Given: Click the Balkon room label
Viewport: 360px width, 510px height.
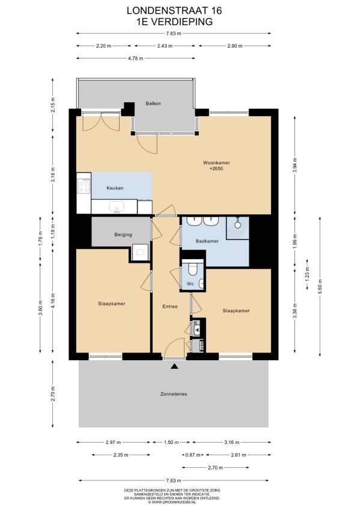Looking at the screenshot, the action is click(153, 103).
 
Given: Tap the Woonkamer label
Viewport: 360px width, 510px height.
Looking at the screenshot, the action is click(216, 162).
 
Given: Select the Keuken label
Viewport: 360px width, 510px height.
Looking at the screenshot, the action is click(115, 188).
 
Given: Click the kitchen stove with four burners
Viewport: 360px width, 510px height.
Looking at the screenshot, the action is click(84, 186).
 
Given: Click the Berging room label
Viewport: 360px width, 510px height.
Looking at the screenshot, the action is click(123, 235).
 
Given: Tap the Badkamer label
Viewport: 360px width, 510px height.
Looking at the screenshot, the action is click(207, 241).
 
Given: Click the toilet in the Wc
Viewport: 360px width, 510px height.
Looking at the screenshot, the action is click(192, 269).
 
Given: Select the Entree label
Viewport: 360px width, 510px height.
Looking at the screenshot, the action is click(170, 306).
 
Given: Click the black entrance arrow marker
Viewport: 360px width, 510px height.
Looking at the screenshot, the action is click(175, 367).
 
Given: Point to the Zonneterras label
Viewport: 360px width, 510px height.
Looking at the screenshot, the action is click(174, 394).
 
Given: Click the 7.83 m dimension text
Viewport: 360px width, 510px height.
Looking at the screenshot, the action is click(174, 33).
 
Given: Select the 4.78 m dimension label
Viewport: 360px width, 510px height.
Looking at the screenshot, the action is click(135, 58).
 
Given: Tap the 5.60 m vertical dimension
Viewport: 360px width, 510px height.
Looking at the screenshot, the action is click(320, 286).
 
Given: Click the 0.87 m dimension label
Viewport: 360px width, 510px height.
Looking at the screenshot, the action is click(193, 455).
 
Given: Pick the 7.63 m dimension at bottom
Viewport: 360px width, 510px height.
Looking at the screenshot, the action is click(174, 481).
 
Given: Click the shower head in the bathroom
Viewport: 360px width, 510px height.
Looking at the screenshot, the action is click(238, 224).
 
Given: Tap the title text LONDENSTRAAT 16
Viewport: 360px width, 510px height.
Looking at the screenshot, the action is click(174, 11).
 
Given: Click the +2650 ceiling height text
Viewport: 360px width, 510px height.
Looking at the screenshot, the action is click(216, 168).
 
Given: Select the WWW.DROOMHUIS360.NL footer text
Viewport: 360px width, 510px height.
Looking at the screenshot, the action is click(172, 502).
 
